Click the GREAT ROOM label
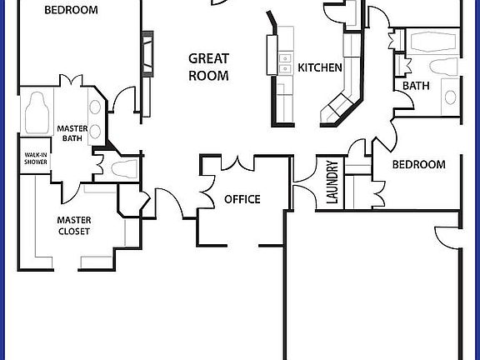(x=208, y=67)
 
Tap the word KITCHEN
(x=320, y=67)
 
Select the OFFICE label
(x=242, y=199)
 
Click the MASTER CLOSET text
(x=74, y=226)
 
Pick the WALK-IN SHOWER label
(x=35, y=158)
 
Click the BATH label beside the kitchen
(x=416, y=85)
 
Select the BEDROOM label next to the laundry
(x=418, y=165)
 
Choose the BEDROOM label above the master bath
(x=71, y=11)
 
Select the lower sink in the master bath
(x=95, y=131)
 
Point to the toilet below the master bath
(x=122, y=170)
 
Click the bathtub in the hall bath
(x=430, y=42)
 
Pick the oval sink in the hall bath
(x=451, y=97)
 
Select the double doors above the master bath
(x=67, y=82)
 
